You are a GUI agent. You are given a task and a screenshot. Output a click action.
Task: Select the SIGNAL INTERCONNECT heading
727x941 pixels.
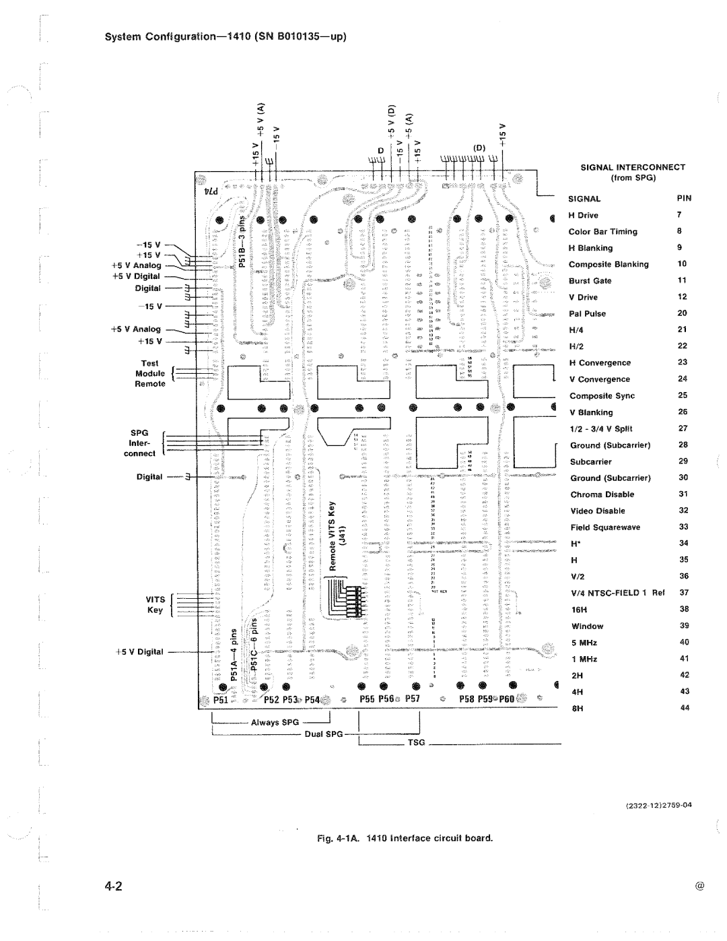[x=633, y=167]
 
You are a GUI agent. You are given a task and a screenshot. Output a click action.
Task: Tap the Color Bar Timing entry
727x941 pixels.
[x=603, y=232]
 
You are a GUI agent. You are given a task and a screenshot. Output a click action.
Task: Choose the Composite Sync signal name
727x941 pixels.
[x=602, y=396]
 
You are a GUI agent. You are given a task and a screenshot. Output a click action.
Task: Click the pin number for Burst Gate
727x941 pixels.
[x=682, y=281]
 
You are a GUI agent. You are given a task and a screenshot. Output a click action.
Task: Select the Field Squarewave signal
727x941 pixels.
[x=605, y=527]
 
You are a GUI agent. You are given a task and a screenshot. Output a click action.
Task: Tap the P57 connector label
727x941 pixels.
[x=413, y=699]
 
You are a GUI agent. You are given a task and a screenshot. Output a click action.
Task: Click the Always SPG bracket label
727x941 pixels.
[x=275, y=722]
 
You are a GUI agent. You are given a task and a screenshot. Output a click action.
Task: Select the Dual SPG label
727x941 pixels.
[x=324, y=734]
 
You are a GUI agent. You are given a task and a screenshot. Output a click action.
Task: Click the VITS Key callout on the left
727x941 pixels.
[x=155, y=604]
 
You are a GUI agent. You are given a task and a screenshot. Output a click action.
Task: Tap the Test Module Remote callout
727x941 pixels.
[x=149, y=374]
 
